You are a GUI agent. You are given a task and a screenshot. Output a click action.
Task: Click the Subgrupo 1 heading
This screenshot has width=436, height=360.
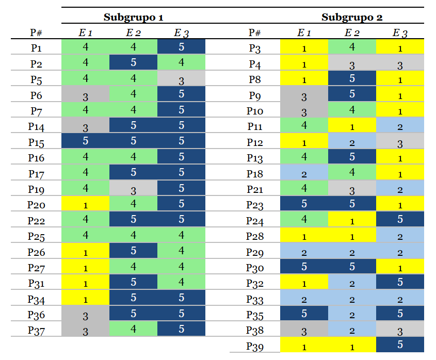tap(133, 17)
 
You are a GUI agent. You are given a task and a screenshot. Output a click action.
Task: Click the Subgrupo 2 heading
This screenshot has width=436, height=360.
tap(352, 17)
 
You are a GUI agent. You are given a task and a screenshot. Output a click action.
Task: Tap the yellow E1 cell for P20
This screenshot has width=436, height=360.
tap(85, 205)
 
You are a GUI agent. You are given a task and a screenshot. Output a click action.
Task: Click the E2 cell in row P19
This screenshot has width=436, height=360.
tap(133, 189)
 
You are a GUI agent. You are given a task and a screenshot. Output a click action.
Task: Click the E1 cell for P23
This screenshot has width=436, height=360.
tap(304, 204)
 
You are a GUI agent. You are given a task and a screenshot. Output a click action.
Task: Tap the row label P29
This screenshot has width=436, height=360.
tap(255, 252)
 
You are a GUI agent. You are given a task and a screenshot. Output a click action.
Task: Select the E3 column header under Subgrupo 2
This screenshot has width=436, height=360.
tap(400, 33)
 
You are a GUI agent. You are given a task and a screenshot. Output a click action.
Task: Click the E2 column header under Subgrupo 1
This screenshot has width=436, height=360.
tap(133, 33)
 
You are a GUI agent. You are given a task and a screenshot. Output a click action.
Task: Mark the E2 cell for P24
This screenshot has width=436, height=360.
tap(352, 220)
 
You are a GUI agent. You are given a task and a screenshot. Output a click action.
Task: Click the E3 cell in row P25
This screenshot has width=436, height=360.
tap(181, 236)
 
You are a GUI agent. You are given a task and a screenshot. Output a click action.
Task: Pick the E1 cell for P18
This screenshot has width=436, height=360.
tap(304, 173)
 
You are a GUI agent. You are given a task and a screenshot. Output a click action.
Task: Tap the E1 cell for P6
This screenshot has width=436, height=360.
tap(85, 95)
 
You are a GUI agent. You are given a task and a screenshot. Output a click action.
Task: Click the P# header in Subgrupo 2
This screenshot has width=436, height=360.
tap(255, 33)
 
